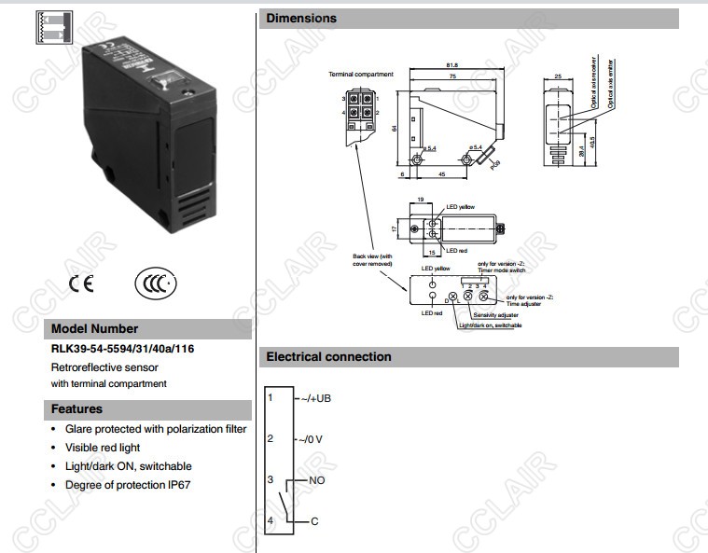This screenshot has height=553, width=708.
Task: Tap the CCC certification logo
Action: pos(156,283)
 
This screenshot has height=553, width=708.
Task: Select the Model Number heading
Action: pos(94,328)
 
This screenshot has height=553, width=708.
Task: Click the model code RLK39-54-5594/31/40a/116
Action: pos(122,349)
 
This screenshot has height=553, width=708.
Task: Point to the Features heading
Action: pos(76,408)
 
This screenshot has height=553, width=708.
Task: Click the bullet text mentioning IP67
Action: pos(128,485)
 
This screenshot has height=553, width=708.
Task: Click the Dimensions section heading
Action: pos(301,18)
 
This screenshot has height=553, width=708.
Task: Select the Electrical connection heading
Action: pos(328,356)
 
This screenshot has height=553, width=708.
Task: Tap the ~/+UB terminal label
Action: pos(313,398)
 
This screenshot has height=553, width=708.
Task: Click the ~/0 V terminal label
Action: pos(310,438)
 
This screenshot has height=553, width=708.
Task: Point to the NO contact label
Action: pos(315,479)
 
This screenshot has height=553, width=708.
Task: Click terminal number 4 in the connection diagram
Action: pos(271,519)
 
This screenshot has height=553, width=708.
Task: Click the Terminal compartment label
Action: pos(361,74)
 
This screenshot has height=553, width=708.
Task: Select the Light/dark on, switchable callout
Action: pos(490,325)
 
